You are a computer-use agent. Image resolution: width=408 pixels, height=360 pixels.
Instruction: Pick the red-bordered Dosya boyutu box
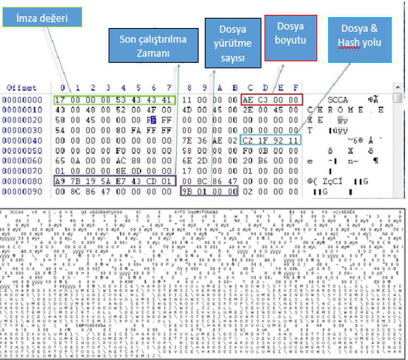(291, 37)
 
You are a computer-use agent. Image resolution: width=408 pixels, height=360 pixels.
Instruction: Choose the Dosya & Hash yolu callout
(359, 39)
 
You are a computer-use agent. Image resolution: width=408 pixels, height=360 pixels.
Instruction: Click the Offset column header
(22, 88)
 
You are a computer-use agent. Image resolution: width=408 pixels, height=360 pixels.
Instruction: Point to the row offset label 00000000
(22, 100)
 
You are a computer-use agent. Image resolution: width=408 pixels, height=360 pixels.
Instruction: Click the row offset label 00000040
(22, 140)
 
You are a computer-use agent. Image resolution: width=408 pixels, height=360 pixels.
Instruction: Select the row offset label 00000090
(22, 192)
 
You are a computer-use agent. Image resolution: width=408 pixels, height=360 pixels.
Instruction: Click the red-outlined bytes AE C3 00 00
(271, 100)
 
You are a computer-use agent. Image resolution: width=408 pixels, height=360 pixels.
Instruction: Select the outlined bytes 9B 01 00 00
(210, 192)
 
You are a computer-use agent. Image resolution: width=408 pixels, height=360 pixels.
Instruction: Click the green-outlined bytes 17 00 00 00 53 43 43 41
(116, 100)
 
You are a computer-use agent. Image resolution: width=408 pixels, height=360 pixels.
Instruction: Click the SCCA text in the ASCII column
(338, 100)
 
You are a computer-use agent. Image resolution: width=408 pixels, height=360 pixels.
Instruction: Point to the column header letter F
(295, 88)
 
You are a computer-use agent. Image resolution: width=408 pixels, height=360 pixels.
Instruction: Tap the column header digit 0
(63, 88)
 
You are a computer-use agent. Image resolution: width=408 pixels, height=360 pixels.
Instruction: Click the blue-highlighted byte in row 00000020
(155, 120)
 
